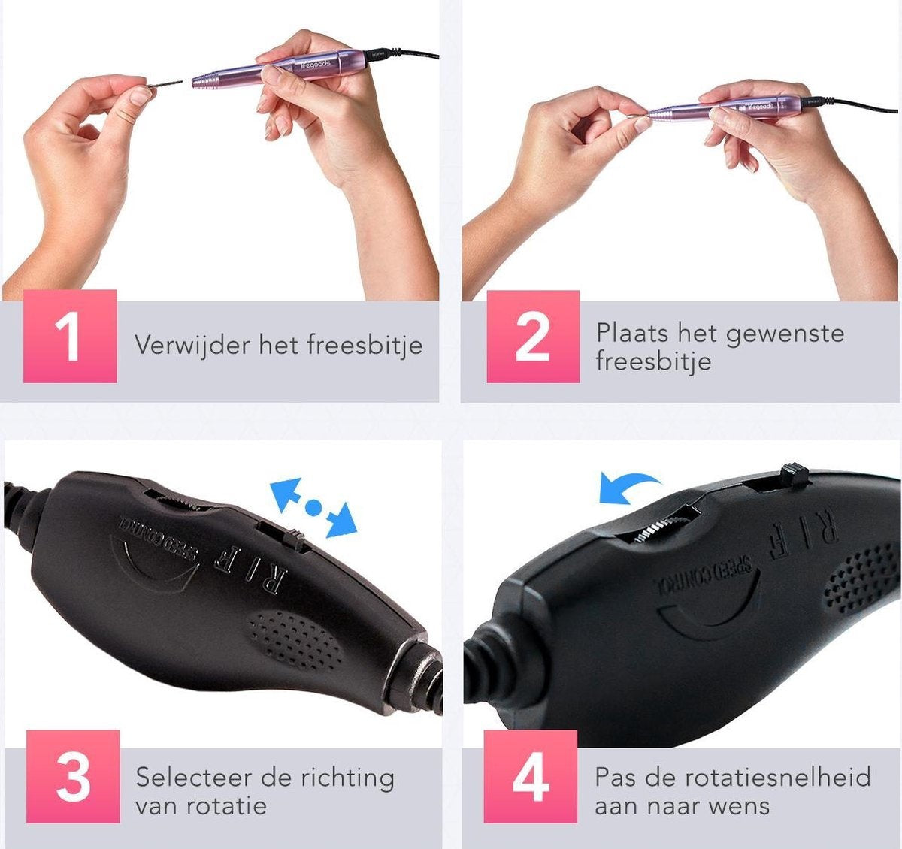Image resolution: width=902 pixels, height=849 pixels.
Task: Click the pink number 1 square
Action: point(70,337)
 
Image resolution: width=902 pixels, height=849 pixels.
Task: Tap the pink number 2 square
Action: point(532,337)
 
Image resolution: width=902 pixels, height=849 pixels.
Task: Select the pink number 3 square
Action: point(73,776)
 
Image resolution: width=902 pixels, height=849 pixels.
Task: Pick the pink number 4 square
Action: point(530,776)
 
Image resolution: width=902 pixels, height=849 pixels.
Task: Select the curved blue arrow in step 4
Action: point(628,487)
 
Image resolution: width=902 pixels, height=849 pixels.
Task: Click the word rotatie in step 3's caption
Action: point(229,806)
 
